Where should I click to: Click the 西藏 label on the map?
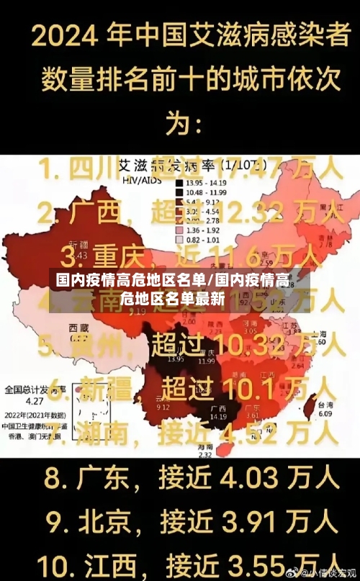pyautogui.click(x=78, y=328)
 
